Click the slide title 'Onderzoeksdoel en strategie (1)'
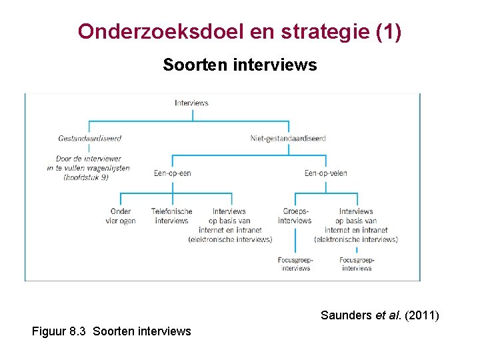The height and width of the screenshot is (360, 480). pos(239,31)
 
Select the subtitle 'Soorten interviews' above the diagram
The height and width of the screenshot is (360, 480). pos(239,65)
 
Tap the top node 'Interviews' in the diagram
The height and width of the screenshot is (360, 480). pos(191,103)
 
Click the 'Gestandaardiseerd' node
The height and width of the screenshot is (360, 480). pos(90,138)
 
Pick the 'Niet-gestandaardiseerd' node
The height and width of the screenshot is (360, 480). pos(288,138)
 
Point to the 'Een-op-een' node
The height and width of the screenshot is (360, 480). pos(172,173)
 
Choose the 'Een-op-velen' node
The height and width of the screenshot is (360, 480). pos(325,173)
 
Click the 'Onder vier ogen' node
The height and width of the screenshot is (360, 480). pos(121,216)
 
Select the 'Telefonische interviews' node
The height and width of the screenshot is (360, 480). pos(171,216)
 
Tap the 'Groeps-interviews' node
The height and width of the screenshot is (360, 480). pos(295,216)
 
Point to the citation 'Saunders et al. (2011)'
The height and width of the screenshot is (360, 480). pos(379,315)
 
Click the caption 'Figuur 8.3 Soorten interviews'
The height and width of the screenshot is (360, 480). pos(111,331)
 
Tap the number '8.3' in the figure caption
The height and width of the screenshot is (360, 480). pos(79,331)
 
